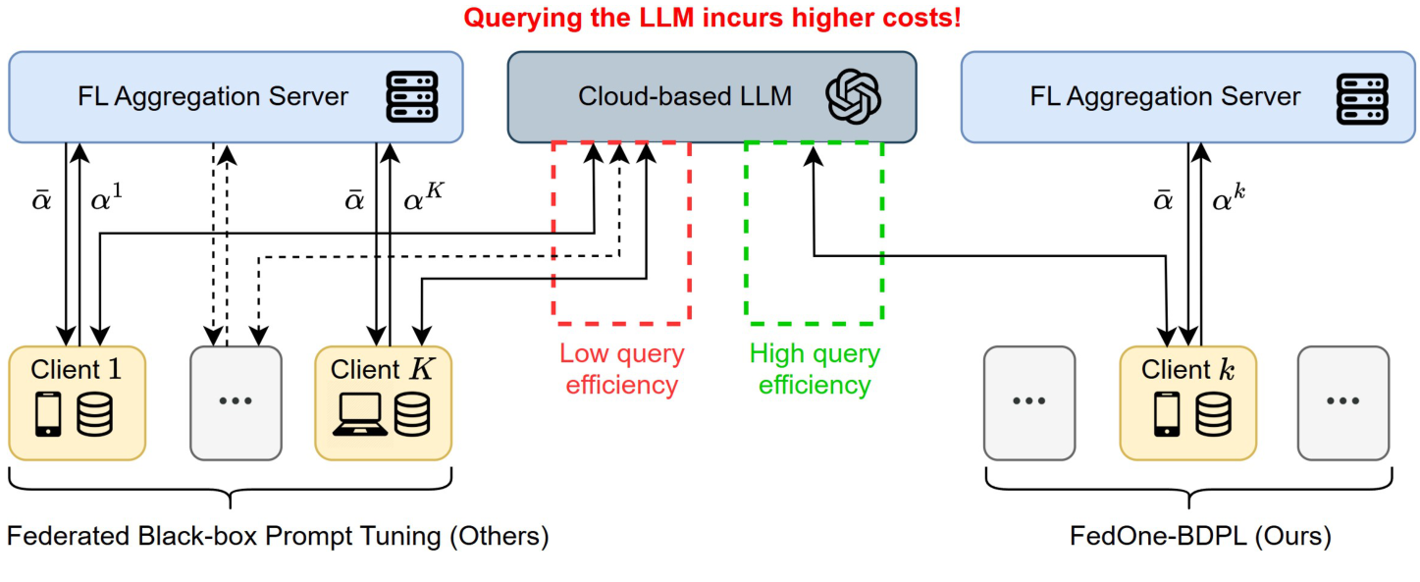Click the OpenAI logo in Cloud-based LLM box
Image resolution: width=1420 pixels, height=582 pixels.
tap(853, 96)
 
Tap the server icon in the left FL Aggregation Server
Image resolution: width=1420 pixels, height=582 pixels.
tap(412, 96)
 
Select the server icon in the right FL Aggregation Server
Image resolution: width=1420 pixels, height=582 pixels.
tap(1362, 98)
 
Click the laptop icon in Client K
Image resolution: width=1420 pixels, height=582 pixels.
tap(360, 414)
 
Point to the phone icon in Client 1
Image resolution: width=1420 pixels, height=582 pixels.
tap(48, 414)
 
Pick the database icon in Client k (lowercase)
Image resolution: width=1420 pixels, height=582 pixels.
tap(1213, 414)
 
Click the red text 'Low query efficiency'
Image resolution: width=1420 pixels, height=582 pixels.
tap(622, 369)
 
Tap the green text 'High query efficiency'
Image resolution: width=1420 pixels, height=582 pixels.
tap(815, 369)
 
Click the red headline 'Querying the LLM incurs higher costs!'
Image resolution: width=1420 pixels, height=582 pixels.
tap(712, 17)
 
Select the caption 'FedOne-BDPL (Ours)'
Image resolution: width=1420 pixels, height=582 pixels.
tap(1200, 536)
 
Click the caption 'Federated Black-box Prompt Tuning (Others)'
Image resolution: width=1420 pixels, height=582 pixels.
tap(278, 536)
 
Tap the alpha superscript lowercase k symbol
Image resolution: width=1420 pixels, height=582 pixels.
tap(1229, 197)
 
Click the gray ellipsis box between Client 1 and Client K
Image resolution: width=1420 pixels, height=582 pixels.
tap(236, 403)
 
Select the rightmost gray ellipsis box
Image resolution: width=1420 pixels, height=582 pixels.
tap(1343, 403)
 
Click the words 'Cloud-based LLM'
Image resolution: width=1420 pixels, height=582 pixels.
tap(685, 96)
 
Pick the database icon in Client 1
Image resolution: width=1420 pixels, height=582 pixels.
tap(94, 414)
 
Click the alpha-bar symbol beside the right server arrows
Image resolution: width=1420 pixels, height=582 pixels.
tap(1163, 199)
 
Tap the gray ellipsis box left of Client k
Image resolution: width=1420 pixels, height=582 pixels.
tap(1029, 403)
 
